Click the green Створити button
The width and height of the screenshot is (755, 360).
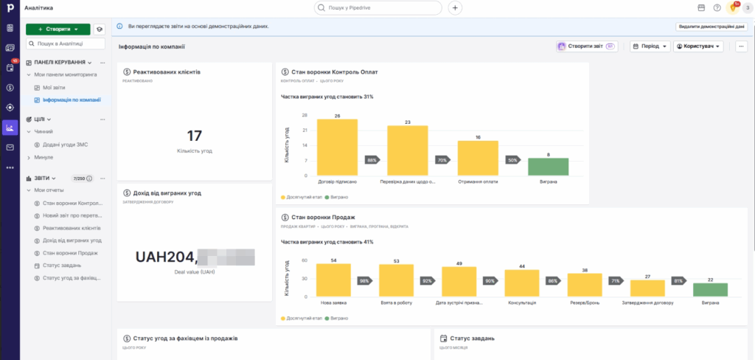58,29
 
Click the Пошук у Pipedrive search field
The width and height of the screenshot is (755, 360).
378,8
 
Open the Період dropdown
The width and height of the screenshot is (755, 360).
650,46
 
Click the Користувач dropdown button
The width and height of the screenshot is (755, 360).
698,46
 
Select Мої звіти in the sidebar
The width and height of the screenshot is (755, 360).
54,87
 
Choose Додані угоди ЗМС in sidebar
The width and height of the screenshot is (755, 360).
65,145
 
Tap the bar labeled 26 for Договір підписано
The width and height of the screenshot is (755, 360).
337,148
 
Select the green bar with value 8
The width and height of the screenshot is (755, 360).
548,167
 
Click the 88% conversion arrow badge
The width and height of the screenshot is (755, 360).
372,160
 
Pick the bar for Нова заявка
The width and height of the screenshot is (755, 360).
334,280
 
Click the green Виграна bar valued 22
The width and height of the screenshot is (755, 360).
710,289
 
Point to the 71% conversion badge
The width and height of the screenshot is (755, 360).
615,281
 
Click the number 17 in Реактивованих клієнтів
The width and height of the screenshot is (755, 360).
195,136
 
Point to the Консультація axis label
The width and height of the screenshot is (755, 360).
522,302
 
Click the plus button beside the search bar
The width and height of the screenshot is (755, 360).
455,8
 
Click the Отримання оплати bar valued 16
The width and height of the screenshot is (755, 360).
478,158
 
